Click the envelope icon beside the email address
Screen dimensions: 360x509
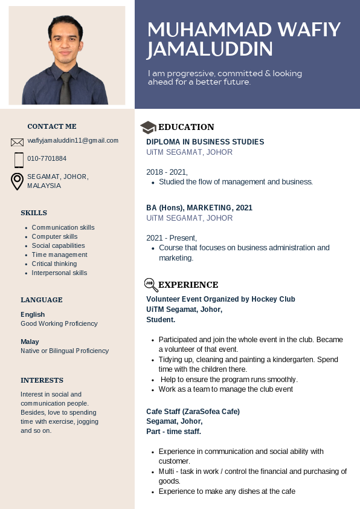17,142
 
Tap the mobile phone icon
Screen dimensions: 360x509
19,160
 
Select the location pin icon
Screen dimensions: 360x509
18,181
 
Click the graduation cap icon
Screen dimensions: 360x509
148,127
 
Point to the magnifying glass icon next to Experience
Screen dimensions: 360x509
150,285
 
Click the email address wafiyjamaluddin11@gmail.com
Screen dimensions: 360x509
72,140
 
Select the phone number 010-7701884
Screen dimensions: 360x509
47,158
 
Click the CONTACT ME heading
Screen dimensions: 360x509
52,126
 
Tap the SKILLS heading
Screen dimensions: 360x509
34,213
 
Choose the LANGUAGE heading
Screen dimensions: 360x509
42,300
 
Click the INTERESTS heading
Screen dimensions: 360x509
42,380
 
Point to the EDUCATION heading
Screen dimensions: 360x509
186,127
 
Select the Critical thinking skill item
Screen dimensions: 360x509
54,264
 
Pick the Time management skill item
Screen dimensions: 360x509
59,254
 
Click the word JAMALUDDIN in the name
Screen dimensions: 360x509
210,49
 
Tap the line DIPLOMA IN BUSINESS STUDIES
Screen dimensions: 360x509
205,141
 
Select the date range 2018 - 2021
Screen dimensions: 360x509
167,172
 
